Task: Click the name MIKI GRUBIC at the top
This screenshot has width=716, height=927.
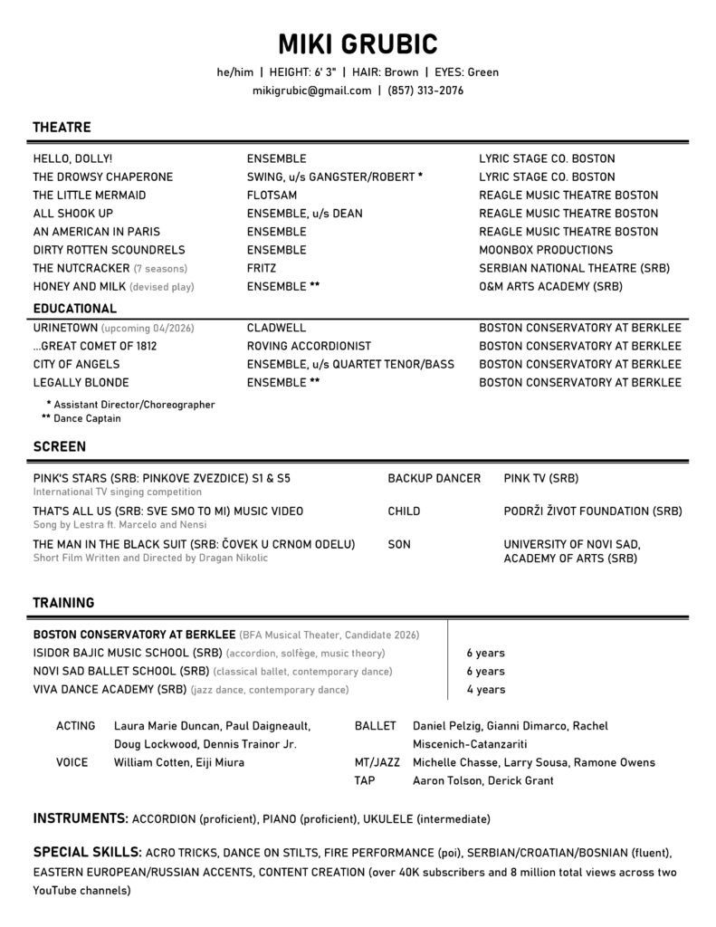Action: tap(358, 43)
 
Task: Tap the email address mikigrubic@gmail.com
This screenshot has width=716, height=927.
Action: tap(312, 91)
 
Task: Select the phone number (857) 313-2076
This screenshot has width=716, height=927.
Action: tap(425, 91)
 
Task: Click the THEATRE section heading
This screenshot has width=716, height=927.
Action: tap(62, 128)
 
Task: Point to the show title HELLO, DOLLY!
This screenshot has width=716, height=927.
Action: tap(72, 158)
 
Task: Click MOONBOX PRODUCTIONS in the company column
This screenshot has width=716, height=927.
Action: tap(546, 250)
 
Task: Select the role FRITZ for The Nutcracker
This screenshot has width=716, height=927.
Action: tap(262, 269)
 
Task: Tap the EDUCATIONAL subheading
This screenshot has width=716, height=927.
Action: tap(75, 309)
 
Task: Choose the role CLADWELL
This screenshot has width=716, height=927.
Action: tap(276, 328)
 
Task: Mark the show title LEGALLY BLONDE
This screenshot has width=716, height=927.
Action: tap(81, 382)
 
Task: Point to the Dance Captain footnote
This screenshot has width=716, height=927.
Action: tap(87, 419)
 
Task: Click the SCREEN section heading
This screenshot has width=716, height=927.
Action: tap(60, 446)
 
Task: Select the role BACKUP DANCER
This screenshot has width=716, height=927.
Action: tap(434, 478)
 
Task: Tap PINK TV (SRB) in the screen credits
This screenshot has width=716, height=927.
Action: tap(541, 478)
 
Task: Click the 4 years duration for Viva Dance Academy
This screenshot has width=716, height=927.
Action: tap(486, 690)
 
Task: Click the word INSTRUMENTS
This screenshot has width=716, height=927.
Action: tap(80, 819)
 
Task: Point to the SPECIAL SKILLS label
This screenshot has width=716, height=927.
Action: tap(87, 853)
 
